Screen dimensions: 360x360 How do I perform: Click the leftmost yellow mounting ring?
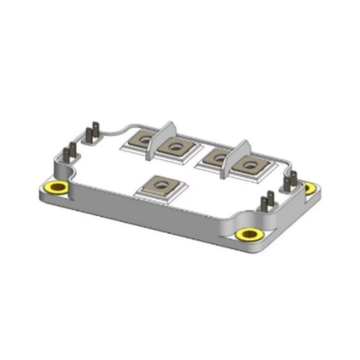coord(58,187)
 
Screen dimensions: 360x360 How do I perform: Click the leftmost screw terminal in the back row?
coord(144,139)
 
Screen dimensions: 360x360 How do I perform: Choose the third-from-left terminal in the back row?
coord(216,156)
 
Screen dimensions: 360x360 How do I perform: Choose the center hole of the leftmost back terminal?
coord(144,139)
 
